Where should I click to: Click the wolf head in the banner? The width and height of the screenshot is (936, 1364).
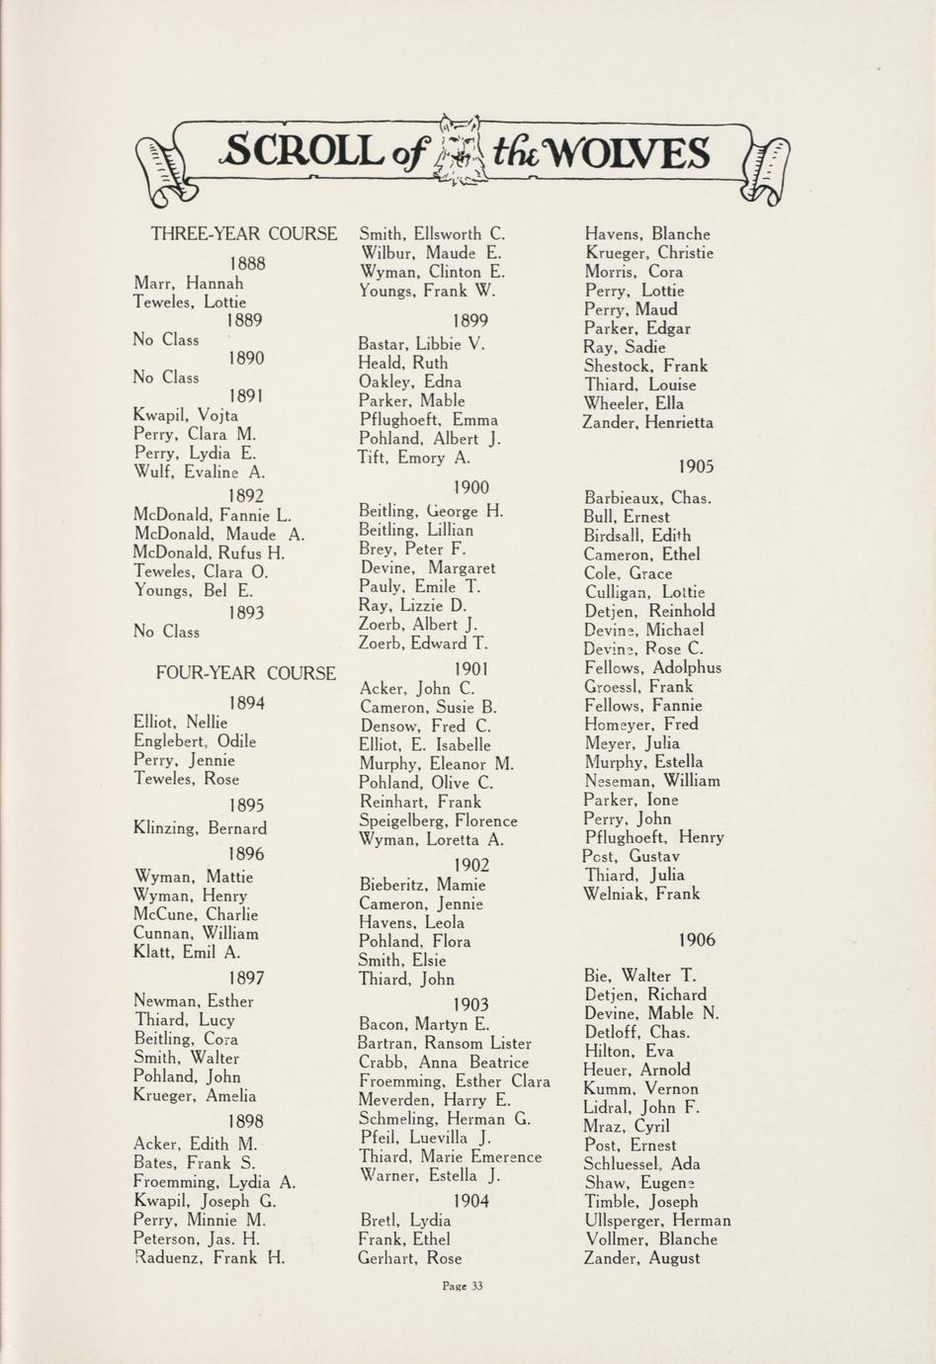pyautogui.click(x=461, y=150)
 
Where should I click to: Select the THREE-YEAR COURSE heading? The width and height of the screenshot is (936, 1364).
pyautogui.click(x=244, y=234)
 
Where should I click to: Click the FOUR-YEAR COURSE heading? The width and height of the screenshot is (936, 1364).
pyautogui.click(x=246, y=673)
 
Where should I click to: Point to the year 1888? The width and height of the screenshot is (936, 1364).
pyautogui.click(x=247, y=264)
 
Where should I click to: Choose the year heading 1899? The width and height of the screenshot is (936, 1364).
pyautogui.click(x=470, y=320)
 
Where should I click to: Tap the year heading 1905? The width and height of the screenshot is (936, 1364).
pyautogui.click(x=697, y=467)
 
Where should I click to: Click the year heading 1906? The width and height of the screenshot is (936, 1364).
pyautogui.click(x=697, y=940)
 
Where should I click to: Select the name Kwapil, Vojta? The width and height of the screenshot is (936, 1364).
pyautogui.click(x=186, y=415)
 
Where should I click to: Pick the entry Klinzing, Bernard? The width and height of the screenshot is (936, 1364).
pyautogui.click(x=200, y=828)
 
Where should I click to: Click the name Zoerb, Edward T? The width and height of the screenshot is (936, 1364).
pyautogui.click(x=423, y=643)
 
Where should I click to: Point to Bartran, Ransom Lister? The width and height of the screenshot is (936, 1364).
pyautogui.click(x=445, y=1044)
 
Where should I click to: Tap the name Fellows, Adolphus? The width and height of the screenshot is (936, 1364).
pyautogui.click(x=652, y=668)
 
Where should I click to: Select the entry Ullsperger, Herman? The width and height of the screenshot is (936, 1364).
pyautogui.click(x=657, y=1221)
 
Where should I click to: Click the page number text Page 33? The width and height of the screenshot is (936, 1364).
pyautogui.click(x=463, y=1286)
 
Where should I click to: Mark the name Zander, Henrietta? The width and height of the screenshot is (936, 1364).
pyautogui.click(x=647, y=423)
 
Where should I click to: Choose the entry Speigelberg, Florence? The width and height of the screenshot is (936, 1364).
pyautogui.click(x=438, y=821)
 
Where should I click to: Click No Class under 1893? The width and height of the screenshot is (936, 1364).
pyautogui.click(x=166, y=632)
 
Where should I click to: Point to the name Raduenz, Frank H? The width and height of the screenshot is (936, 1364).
pyautogui.click(x=210, y=1258)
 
